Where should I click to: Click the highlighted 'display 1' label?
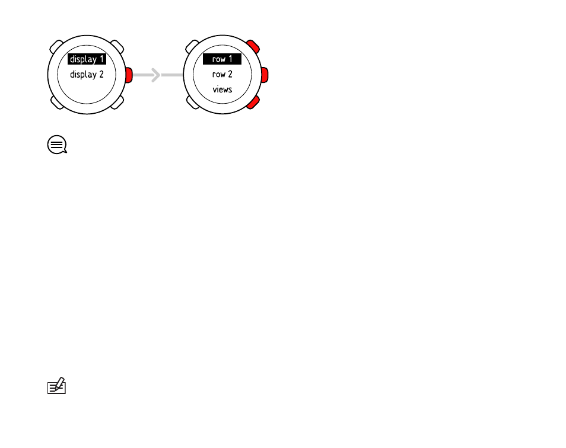[87, 59]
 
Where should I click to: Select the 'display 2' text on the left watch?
[87, 75]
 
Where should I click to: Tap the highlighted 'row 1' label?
[222, 59]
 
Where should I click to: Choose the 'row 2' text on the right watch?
[222, 74]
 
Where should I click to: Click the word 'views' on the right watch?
[222, 89]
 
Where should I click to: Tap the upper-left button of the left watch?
[56, 47]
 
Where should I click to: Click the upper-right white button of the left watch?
[117, 47]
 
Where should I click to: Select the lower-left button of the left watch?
[57, 103]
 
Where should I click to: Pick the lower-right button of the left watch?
[117, 103]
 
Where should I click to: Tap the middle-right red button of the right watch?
[265, 75]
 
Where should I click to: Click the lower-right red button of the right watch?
[253, 103]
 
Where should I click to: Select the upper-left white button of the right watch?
[192, 47]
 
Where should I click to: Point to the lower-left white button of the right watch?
[192, 103]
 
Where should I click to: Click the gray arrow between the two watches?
[158, 75]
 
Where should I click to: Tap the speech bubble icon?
[57, 145]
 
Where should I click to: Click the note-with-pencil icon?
[57, 386]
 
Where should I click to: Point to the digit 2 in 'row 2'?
[230, 74]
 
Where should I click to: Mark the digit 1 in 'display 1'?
[102, 59]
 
